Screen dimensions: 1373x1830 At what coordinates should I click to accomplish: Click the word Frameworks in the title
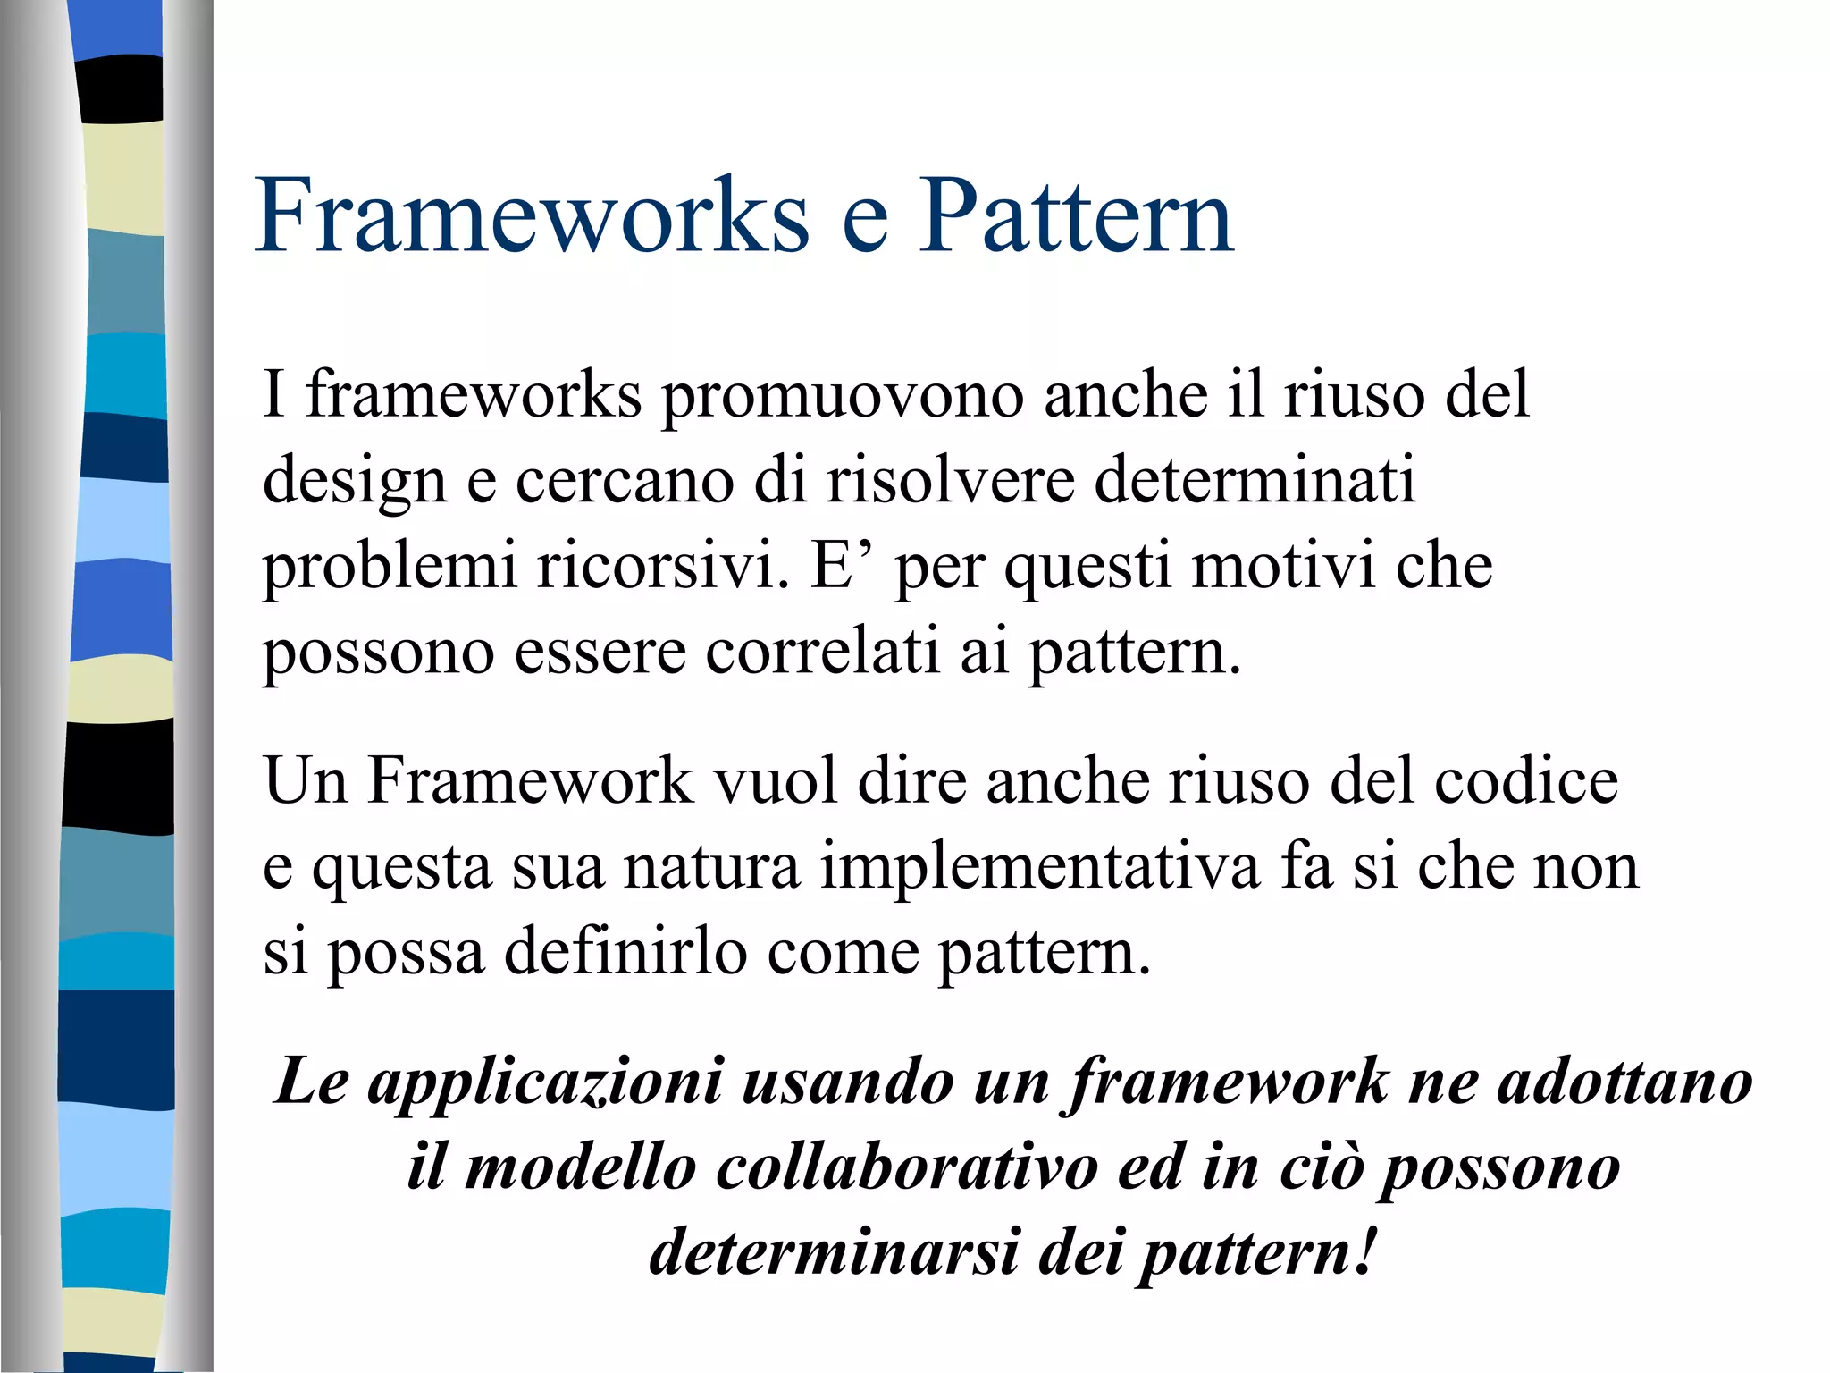pyautogui.click(x=533, y=216)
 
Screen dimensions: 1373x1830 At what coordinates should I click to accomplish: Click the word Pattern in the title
pyautogui.click(x=1076, y=216)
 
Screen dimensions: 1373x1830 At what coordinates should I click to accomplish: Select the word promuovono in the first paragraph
pyautogui.click(x=842, y=397)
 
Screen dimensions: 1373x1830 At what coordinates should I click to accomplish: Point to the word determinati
pyautogui.click(x=1255, y=479)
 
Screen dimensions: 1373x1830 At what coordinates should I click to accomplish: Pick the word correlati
pyautogui.click(x=822, y=651)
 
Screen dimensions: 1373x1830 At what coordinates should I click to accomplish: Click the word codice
pyautogui.click(x=1526, y=781)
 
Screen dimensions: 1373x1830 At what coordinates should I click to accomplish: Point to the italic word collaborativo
pyautogui.click(x=906, y=1167)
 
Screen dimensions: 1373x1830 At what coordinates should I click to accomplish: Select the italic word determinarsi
pyautogui.click(x=833, y=1251)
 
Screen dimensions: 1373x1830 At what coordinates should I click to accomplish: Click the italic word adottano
pyautogui.click(x=1624, y=1082)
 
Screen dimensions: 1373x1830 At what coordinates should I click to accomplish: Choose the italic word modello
pyautogui.click(x=581, y=1167)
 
